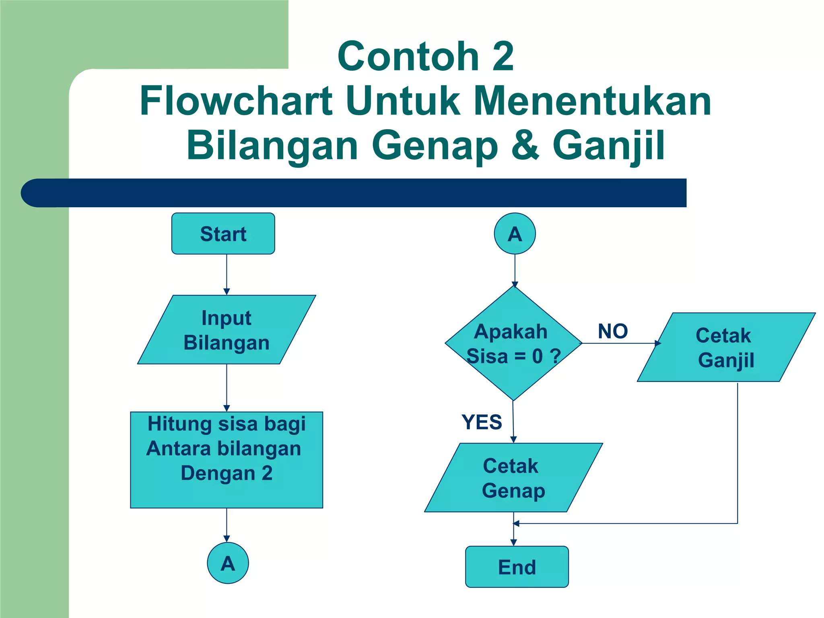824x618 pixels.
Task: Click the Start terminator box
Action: [x=223, y=234]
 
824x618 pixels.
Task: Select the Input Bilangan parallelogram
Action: [x=226, y=330]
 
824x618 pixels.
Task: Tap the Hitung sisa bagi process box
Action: [x=226, y=459]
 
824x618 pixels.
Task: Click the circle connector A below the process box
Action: [x=228, y=563]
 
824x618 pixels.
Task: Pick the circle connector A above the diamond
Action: [x=515, y=234]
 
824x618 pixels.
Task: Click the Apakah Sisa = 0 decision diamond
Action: [x=513, y=343]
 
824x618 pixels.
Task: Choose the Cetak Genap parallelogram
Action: [x=513, y=478]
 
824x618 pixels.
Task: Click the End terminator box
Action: [x=517, y=567]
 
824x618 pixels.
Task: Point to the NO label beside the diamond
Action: [x=612, y=331]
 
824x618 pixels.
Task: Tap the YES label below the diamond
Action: [x=482, y=422]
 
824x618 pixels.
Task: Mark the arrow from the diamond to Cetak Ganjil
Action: [x=620, y=343]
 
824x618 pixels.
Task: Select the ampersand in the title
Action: [x=525, y=145]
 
